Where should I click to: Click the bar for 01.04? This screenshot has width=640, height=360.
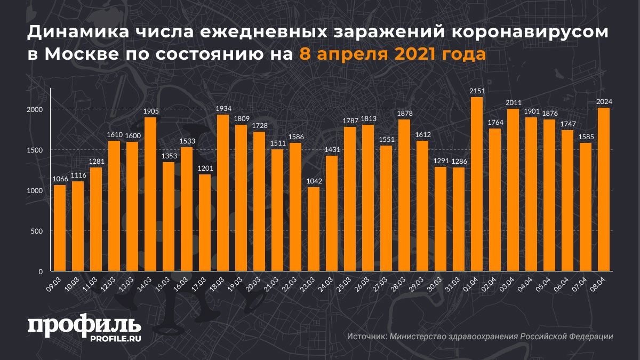click(476, 184)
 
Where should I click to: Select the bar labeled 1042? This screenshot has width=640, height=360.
click(314, 229)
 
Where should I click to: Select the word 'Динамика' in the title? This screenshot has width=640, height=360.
click(75, 33)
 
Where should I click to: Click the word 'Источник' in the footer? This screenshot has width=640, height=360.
click(366, 337)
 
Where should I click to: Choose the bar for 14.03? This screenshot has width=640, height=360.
click(150, 194)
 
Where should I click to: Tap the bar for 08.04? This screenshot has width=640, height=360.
click(604, 189)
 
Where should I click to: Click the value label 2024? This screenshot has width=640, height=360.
click(604, 102)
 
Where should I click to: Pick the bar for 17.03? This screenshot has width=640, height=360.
click(205, 223)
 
